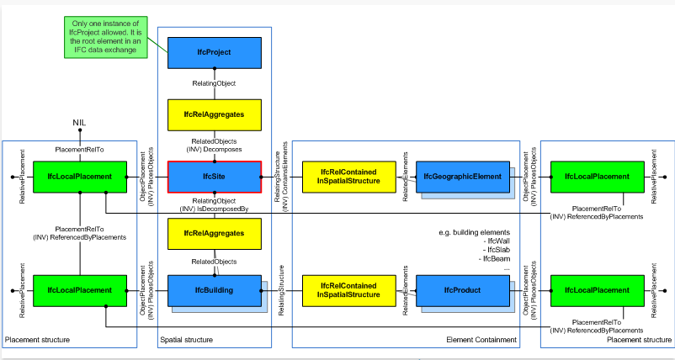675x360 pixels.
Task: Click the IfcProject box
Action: point(215,52)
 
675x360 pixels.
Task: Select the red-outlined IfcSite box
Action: point(215,177)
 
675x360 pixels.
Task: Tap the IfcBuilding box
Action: point(215,290)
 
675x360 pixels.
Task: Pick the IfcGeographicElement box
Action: point(463,177)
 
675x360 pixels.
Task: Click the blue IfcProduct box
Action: point(463,290)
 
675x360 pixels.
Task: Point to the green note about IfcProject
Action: point(106,37)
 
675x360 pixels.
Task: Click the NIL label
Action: point(80,124)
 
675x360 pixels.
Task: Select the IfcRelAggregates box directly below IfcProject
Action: point(215,115)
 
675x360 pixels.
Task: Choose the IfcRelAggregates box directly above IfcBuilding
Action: point(215,234)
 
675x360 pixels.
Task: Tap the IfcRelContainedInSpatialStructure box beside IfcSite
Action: point(348,177)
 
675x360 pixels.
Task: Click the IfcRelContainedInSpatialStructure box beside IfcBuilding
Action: point(348,290)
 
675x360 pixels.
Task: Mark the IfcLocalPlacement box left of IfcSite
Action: point(80,177)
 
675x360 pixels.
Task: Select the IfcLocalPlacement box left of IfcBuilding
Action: point(80,290)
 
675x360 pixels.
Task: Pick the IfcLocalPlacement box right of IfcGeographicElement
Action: point(598,177)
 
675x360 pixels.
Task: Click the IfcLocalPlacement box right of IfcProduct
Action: point(598,290)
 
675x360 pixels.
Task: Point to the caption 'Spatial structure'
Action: point(186,340)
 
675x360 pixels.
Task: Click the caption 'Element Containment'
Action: point(481,340)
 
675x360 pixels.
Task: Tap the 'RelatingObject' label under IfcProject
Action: point(214,83)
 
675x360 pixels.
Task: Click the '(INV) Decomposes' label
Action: point(216,150)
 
